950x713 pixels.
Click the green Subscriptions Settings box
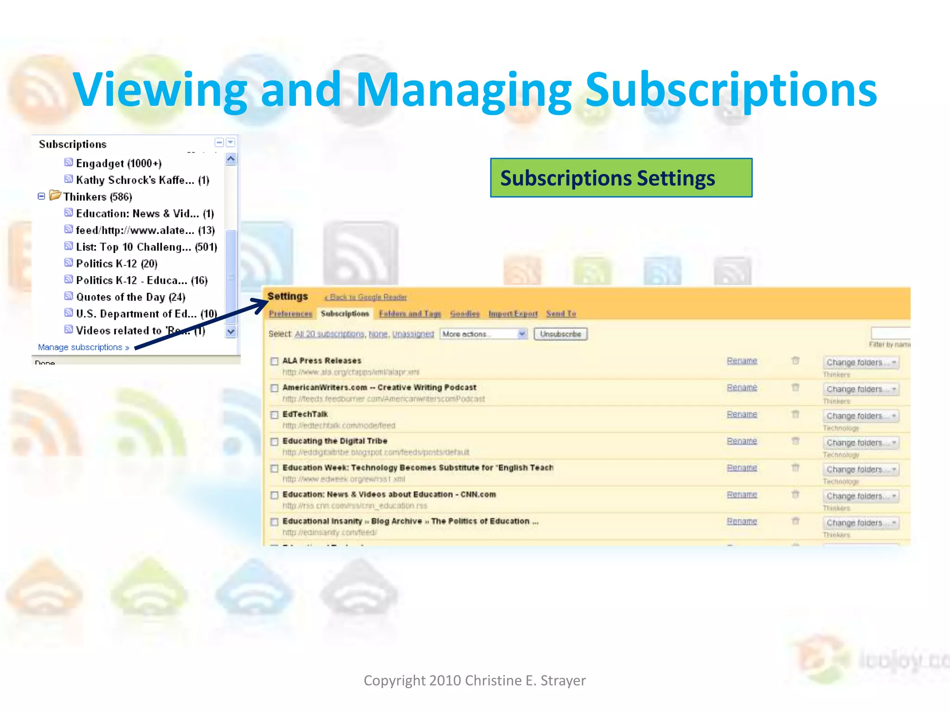[x=621, y=178]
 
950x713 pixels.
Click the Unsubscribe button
[x=560, y=334]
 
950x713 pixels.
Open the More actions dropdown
[x=483, y=334]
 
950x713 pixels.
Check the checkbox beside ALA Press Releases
[x=275, y=361]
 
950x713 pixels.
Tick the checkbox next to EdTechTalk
[x=275, y=415]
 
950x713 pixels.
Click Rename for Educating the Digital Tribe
[x=742, y=441]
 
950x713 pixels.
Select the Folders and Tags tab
[x=410, y=314]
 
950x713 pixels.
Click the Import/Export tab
[x=513, y=314]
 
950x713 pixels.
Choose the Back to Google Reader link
[x=366, y=297]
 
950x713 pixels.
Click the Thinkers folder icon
[x=55, y=195]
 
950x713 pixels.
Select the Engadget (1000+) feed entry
[x=118, y=163]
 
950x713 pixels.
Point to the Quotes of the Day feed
[x=130, y=297]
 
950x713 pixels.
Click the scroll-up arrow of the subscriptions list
[x=231, y=159]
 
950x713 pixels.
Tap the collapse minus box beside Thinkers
[x=41, y=196]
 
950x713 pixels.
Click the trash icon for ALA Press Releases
[x=795, y=361]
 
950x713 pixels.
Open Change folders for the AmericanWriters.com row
[x=860, y=389]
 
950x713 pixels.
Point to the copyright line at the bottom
[x=475, y=681]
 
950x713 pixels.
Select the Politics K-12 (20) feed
[x=116, y=264]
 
